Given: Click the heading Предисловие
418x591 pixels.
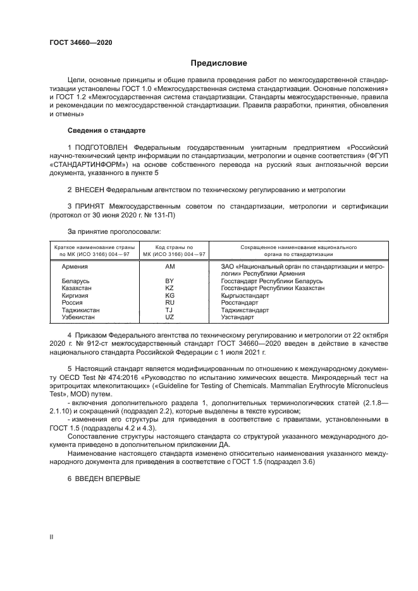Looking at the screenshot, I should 219,63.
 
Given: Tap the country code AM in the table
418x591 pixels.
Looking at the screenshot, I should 169,267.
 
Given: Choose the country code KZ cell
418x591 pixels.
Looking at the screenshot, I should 169,288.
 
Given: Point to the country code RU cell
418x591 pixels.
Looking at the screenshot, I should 169,303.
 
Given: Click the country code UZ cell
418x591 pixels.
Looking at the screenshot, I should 169,317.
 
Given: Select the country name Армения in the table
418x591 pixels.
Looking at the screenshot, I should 74,267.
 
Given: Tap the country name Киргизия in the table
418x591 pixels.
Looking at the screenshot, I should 75,295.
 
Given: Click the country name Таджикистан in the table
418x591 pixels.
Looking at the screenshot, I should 80,310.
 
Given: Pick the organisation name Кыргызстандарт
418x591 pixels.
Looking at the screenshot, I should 245,295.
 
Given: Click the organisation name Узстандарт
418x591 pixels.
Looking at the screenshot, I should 238,317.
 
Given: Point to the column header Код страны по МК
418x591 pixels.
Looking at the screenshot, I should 169,250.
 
